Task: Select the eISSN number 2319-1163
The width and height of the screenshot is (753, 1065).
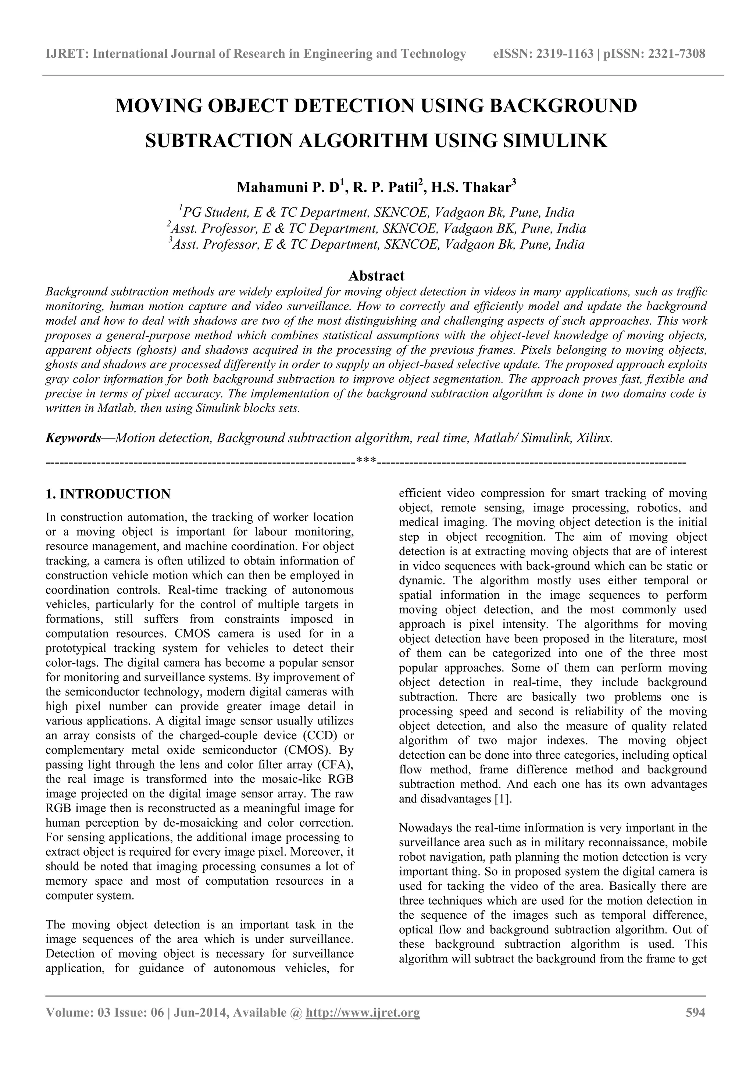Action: coord(565,54)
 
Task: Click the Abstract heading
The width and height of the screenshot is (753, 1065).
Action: coord(376,276)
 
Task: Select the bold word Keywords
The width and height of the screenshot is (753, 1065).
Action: coord(73,438)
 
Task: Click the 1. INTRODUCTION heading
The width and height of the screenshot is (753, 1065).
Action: coord(108,494)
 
